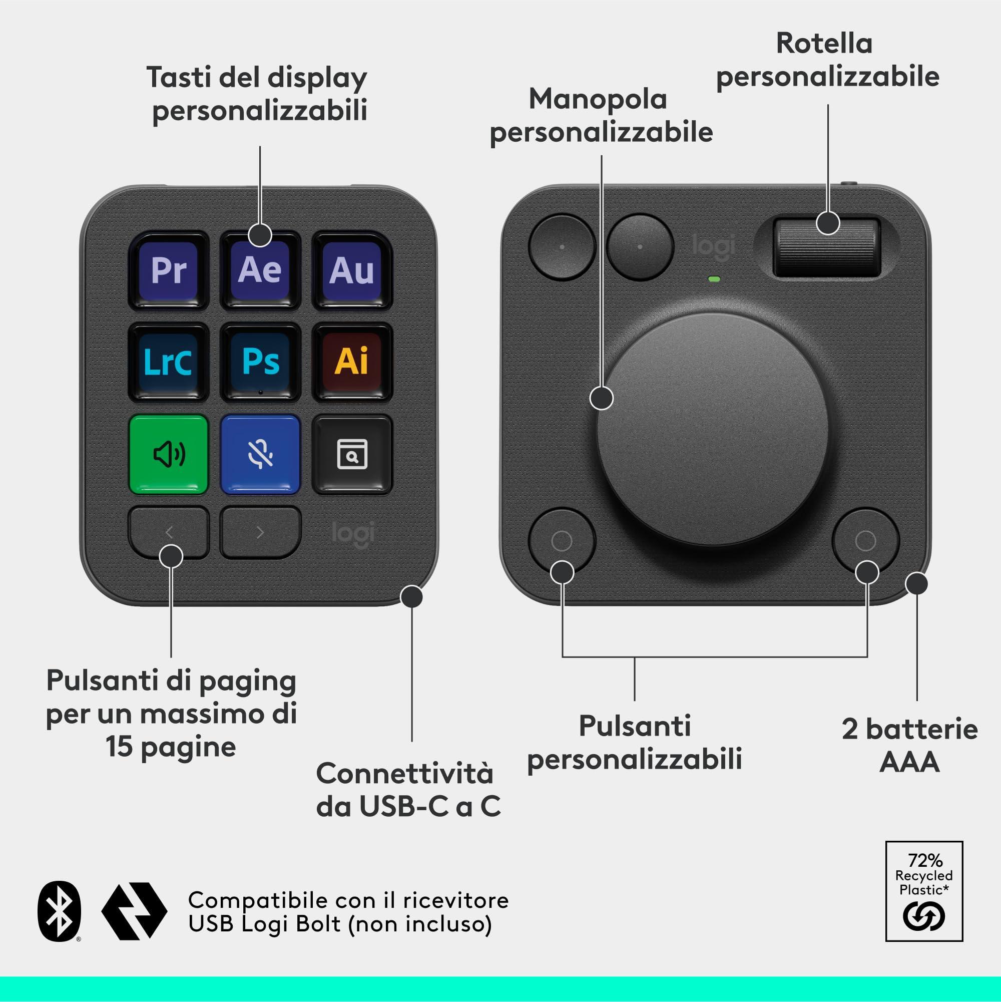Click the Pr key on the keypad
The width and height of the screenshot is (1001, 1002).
[x=169, y=270]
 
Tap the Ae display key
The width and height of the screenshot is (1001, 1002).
[x=260, y=270]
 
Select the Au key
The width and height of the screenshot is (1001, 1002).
[x=352, y=270]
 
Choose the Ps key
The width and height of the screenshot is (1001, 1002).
[x=260, y=362]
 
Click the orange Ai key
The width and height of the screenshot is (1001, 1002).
[x=352, y=362]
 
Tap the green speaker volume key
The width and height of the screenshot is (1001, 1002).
[x=169, y=454]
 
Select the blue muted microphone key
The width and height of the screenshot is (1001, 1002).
[x=260, y=454]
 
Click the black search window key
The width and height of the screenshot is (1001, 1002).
[x=352, y=454]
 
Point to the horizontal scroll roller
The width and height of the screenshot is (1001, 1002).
[x=827, y=247]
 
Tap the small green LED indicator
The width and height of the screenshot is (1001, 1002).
[x=714, y=279]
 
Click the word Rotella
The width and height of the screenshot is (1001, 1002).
[x=824, y=44]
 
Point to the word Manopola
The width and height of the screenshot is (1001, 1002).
[x=598, y=99]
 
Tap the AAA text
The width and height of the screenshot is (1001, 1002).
[x=910, y=762]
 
